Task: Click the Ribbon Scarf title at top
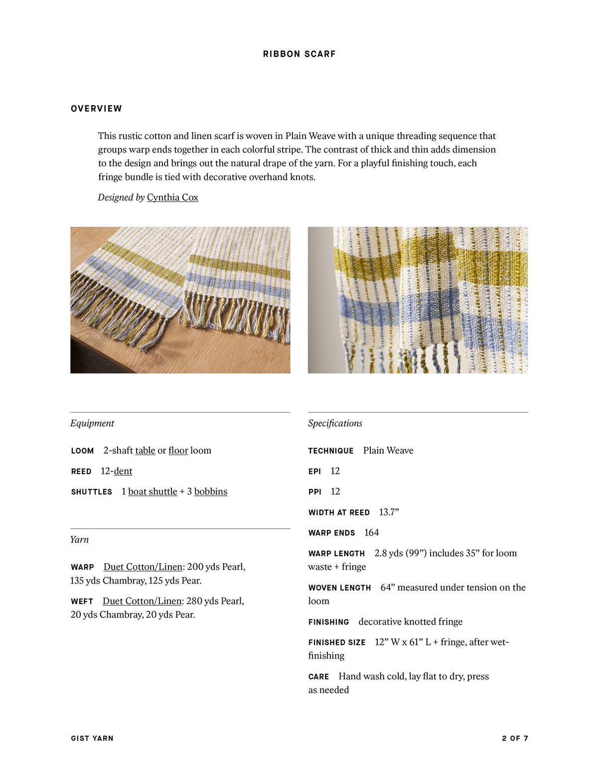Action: [x=299, y=54]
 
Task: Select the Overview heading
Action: [x=96, y=109]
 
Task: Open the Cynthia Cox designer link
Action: [x=172, y=197]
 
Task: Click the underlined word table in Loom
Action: [x=145, y=451]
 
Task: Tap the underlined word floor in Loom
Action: [x=178, y=451]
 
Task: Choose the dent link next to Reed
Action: [x=123, y=471]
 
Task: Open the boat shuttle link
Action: [x=152, y=491]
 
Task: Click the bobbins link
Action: [x=211, y=491]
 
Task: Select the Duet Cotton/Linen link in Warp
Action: [x=143, y=567]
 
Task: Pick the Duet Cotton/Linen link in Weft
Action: [x=142, y=601]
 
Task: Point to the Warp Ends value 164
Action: [x=371, y=533]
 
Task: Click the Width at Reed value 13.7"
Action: [x=389, y=512]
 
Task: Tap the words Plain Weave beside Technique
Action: [x=388, y=451]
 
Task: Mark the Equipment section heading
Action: [x=92, y=423]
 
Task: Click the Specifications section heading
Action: [x=335, y=423]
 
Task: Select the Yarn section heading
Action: [x=80, y=539]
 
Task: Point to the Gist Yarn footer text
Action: [x=92, y=738]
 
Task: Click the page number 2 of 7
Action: [x=515, y=738]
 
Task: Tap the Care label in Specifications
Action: [x=318, y=677]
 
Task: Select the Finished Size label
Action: [x=337, y=642]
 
